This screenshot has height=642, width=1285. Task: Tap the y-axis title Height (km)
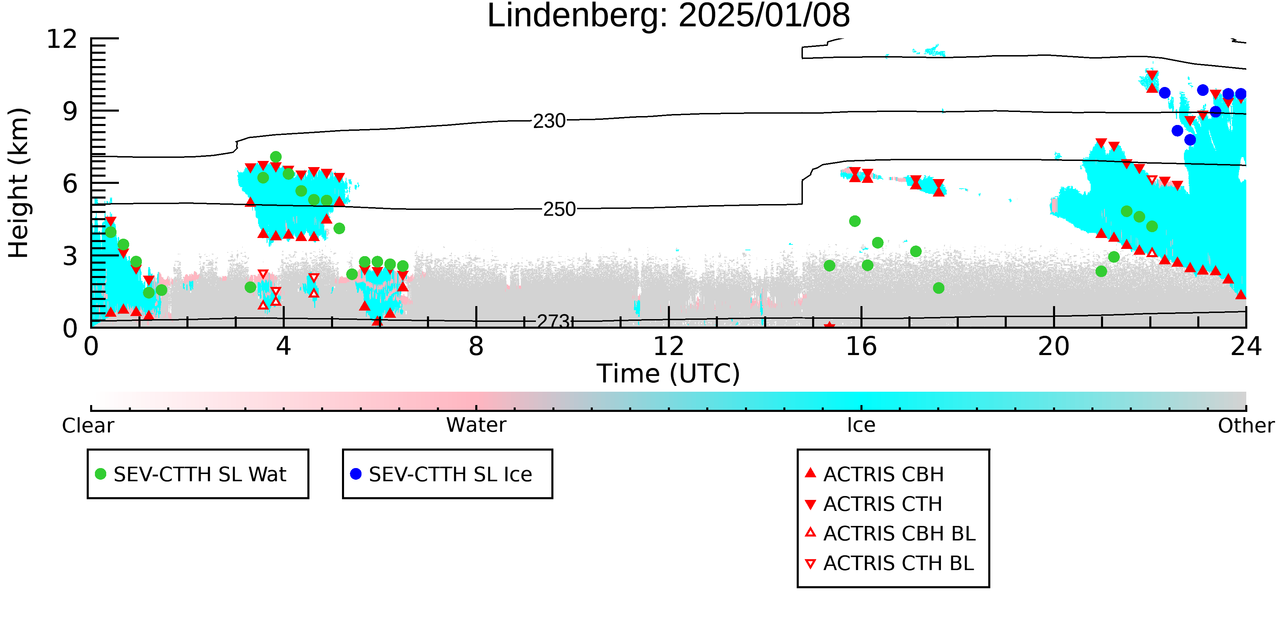click(x=19, y=183)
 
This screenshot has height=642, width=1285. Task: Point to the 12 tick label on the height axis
click(x=62, y=39)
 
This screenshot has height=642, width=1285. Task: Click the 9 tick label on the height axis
click(x=70, y=111)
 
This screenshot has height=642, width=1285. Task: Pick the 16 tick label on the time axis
click(x=861, y=347)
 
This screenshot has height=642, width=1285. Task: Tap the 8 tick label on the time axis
click(x=476, y=347)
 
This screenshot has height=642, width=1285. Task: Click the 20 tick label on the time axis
click(x=1054, y=347)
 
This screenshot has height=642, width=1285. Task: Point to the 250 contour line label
click(x=559, y=209)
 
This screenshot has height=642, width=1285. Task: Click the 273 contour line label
click(x=553, y=322)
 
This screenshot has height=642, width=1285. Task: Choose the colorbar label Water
click(x=476, y=425)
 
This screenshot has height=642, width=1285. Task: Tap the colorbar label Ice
click(x=861, y=425)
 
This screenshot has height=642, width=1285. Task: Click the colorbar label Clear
click(x=88, y=426)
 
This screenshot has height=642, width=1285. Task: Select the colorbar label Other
click(x=1246, y=426)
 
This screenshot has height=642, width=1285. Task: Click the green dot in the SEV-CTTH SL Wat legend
click(x=101, y=474)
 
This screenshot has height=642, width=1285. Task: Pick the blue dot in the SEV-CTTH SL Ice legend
click(x=356, y=474)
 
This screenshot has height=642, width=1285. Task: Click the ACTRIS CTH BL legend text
click(x=898, y=563)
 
